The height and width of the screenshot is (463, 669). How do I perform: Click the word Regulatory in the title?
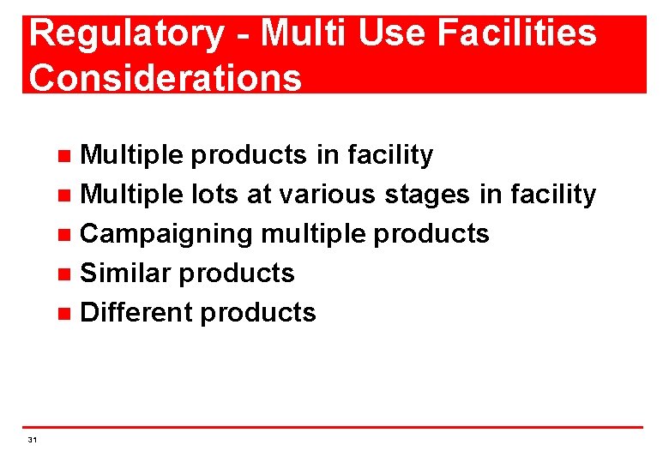point(126,34)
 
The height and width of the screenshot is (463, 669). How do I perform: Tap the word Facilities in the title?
point(516,34)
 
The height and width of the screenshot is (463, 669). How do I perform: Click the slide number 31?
point(32,440)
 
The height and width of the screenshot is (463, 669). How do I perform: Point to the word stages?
point(427,195)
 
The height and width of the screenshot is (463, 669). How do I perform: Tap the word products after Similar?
point(238,274)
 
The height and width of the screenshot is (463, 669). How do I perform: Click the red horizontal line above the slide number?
point(334,427)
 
